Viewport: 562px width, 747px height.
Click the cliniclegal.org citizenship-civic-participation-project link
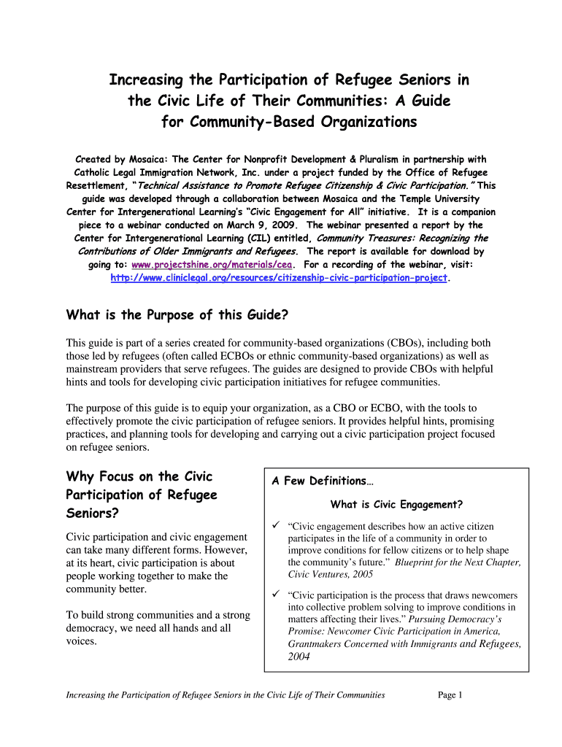pos(280,278)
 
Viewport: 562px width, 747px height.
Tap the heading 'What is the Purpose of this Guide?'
pos(177,315)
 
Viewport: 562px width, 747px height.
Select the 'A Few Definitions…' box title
pos(323,481)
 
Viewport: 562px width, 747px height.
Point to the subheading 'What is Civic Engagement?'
pos(396,504)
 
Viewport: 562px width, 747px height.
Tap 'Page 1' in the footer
pos(450,695)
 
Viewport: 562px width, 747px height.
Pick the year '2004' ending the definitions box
pos(299,656)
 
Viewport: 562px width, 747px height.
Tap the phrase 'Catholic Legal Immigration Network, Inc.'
pos(164,172)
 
